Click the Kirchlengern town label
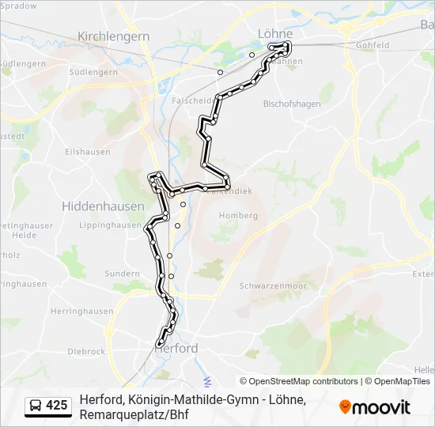click(114, 36)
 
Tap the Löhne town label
click(274, 33)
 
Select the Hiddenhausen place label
click(103, 206)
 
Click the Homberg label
click(239, 215)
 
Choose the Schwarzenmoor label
click(272, 285)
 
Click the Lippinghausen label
click(110, 225)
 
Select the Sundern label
click(122, 274)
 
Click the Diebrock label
click(86, 351)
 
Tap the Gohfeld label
click(373, 45)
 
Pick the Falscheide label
click(193, 101)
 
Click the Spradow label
click(19, 6)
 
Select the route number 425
click(56, 406)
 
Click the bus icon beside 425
click(36, 406)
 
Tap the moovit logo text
click(380, 407)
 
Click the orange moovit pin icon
click(345, 406)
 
